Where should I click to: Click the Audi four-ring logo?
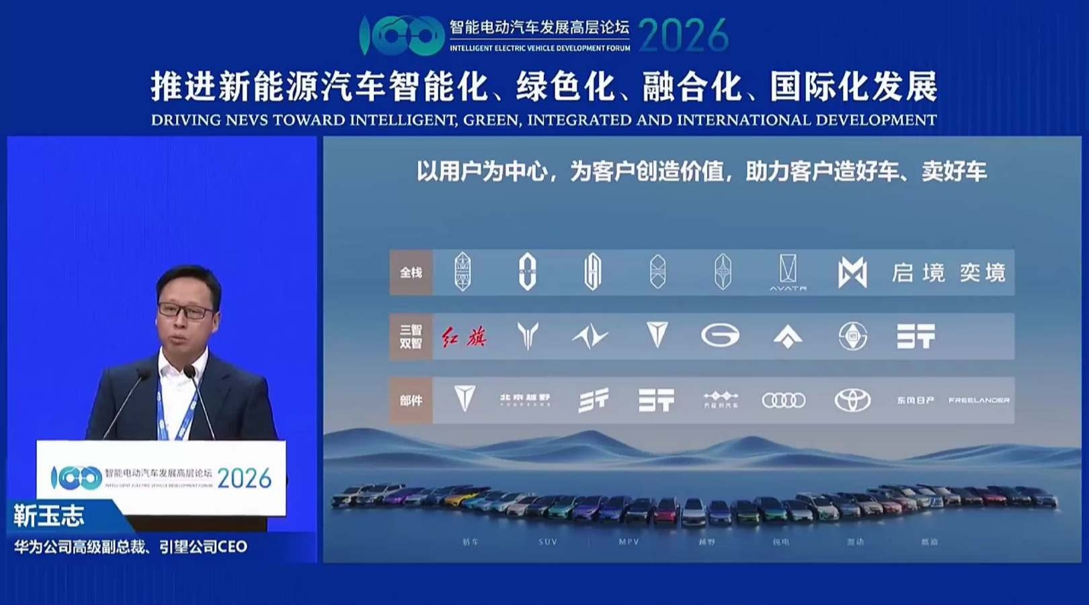tap(783, 401)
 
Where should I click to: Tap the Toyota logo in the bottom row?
tap(852, 401)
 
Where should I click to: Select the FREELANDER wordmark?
tap(979, 401)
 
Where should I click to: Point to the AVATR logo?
tap(788, 273)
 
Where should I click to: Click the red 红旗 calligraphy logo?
tap(464, 336)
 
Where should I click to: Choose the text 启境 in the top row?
tap(918, 273)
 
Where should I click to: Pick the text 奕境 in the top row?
tap(982, 273)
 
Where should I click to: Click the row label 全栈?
tap(411, 273)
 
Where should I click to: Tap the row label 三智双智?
tap(411, 336)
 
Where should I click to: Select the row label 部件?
tap(411, 401)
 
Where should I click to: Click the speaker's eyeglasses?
tap(186, 311)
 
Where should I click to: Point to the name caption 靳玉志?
tap(49, 516)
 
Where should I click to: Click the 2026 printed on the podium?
tap(244, 479)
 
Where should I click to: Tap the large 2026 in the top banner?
tap(683, 35)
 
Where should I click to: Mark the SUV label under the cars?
tap(548, 542)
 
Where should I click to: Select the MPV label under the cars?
tap(629, 542)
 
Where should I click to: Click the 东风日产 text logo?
tap(915, 401)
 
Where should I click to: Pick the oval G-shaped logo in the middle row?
tap(720, 335)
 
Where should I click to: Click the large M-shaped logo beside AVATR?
tap(852, 273)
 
